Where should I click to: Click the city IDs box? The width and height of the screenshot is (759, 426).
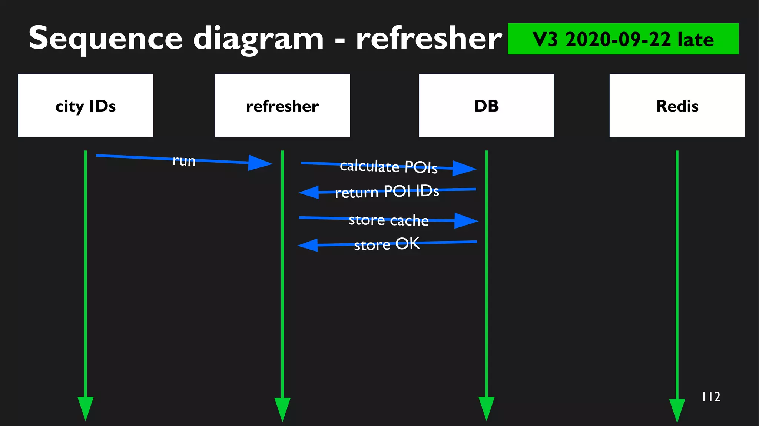coord(85,106)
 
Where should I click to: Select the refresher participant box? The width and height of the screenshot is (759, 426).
coord(282,106)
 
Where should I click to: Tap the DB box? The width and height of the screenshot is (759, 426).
coord(486,106)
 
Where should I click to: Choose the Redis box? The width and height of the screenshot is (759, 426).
coord(677,106)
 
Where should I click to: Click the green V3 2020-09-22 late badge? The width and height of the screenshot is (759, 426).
coord(623,39)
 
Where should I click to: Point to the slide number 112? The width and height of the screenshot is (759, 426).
coord(711,397)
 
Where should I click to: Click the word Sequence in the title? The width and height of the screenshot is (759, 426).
coord(105,39)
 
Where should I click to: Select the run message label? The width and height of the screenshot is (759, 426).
coord(184,161)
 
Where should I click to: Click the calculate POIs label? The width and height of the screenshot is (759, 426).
coord(388,167)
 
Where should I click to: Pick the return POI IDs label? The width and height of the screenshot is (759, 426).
coord(387,192)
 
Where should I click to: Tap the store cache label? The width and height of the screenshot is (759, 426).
coord(388,220)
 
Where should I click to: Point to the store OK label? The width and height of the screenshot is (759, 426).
coord(387,244)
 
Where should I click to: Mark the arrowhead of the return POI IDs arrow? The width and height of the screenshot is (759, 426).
coord(309,192)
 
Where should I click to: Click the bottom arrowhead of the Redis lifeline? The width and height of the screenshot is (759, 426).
coord(677,410)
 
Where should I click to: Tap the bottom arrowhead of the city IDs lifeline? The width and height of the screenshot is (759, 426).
coord(85,408)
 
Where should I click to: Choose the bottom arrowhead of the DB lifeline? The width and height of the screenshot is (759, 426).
coord(486,408)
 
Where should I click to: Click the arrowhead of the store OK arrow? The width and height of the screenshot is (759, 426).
coord(308,245)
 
